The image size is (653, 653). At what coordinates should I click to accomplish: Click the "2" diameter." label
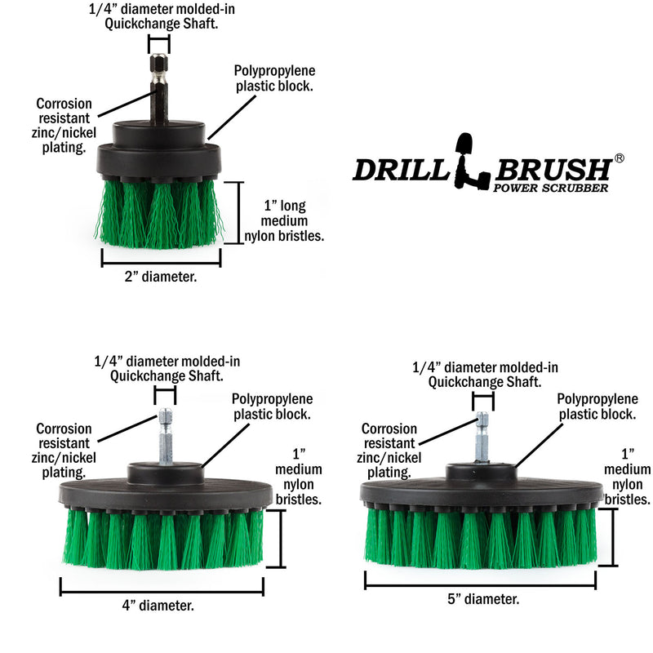point(161,278)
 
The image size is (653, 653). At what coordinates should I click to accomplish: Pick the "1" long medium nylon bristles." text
point(284,220)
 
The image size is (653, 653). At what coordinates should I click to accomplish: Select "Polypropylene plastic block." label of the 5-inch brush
point(597,406)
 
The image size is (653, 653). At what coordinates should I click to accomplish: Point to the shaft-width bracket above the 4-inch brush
point(165,396)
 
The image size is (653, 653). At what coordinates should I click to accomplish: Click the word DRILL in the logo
point(402,170)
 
